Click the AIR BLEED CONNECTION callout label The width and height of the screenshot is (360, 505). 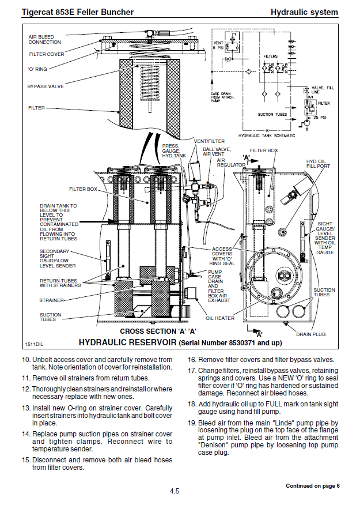tap(44, 39)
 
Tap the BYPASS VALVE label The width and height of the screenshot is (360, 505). tap(46, 86)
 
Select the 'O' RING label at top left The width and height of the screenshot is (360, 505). tap(37, 69)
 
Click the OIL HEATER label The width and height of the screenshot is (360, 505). tap(220, 318)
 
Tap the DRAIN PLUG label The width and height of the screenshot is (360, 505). tap(311, 334)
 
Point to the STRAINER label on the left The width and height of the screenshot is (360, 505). tap(51, 300)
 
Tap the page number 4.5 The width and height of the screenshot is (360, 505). tap(175, 491)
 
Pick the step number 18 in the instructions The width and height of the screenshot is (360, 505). tap(192, 404)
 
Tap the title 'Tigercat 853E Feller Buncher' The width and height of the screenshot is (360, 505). tap(70, 12)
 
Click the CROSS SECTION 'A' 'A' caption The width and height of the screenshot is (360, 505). tap(158, 331)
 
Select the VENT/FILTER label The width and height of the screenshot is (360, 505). tap(209, 141)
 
